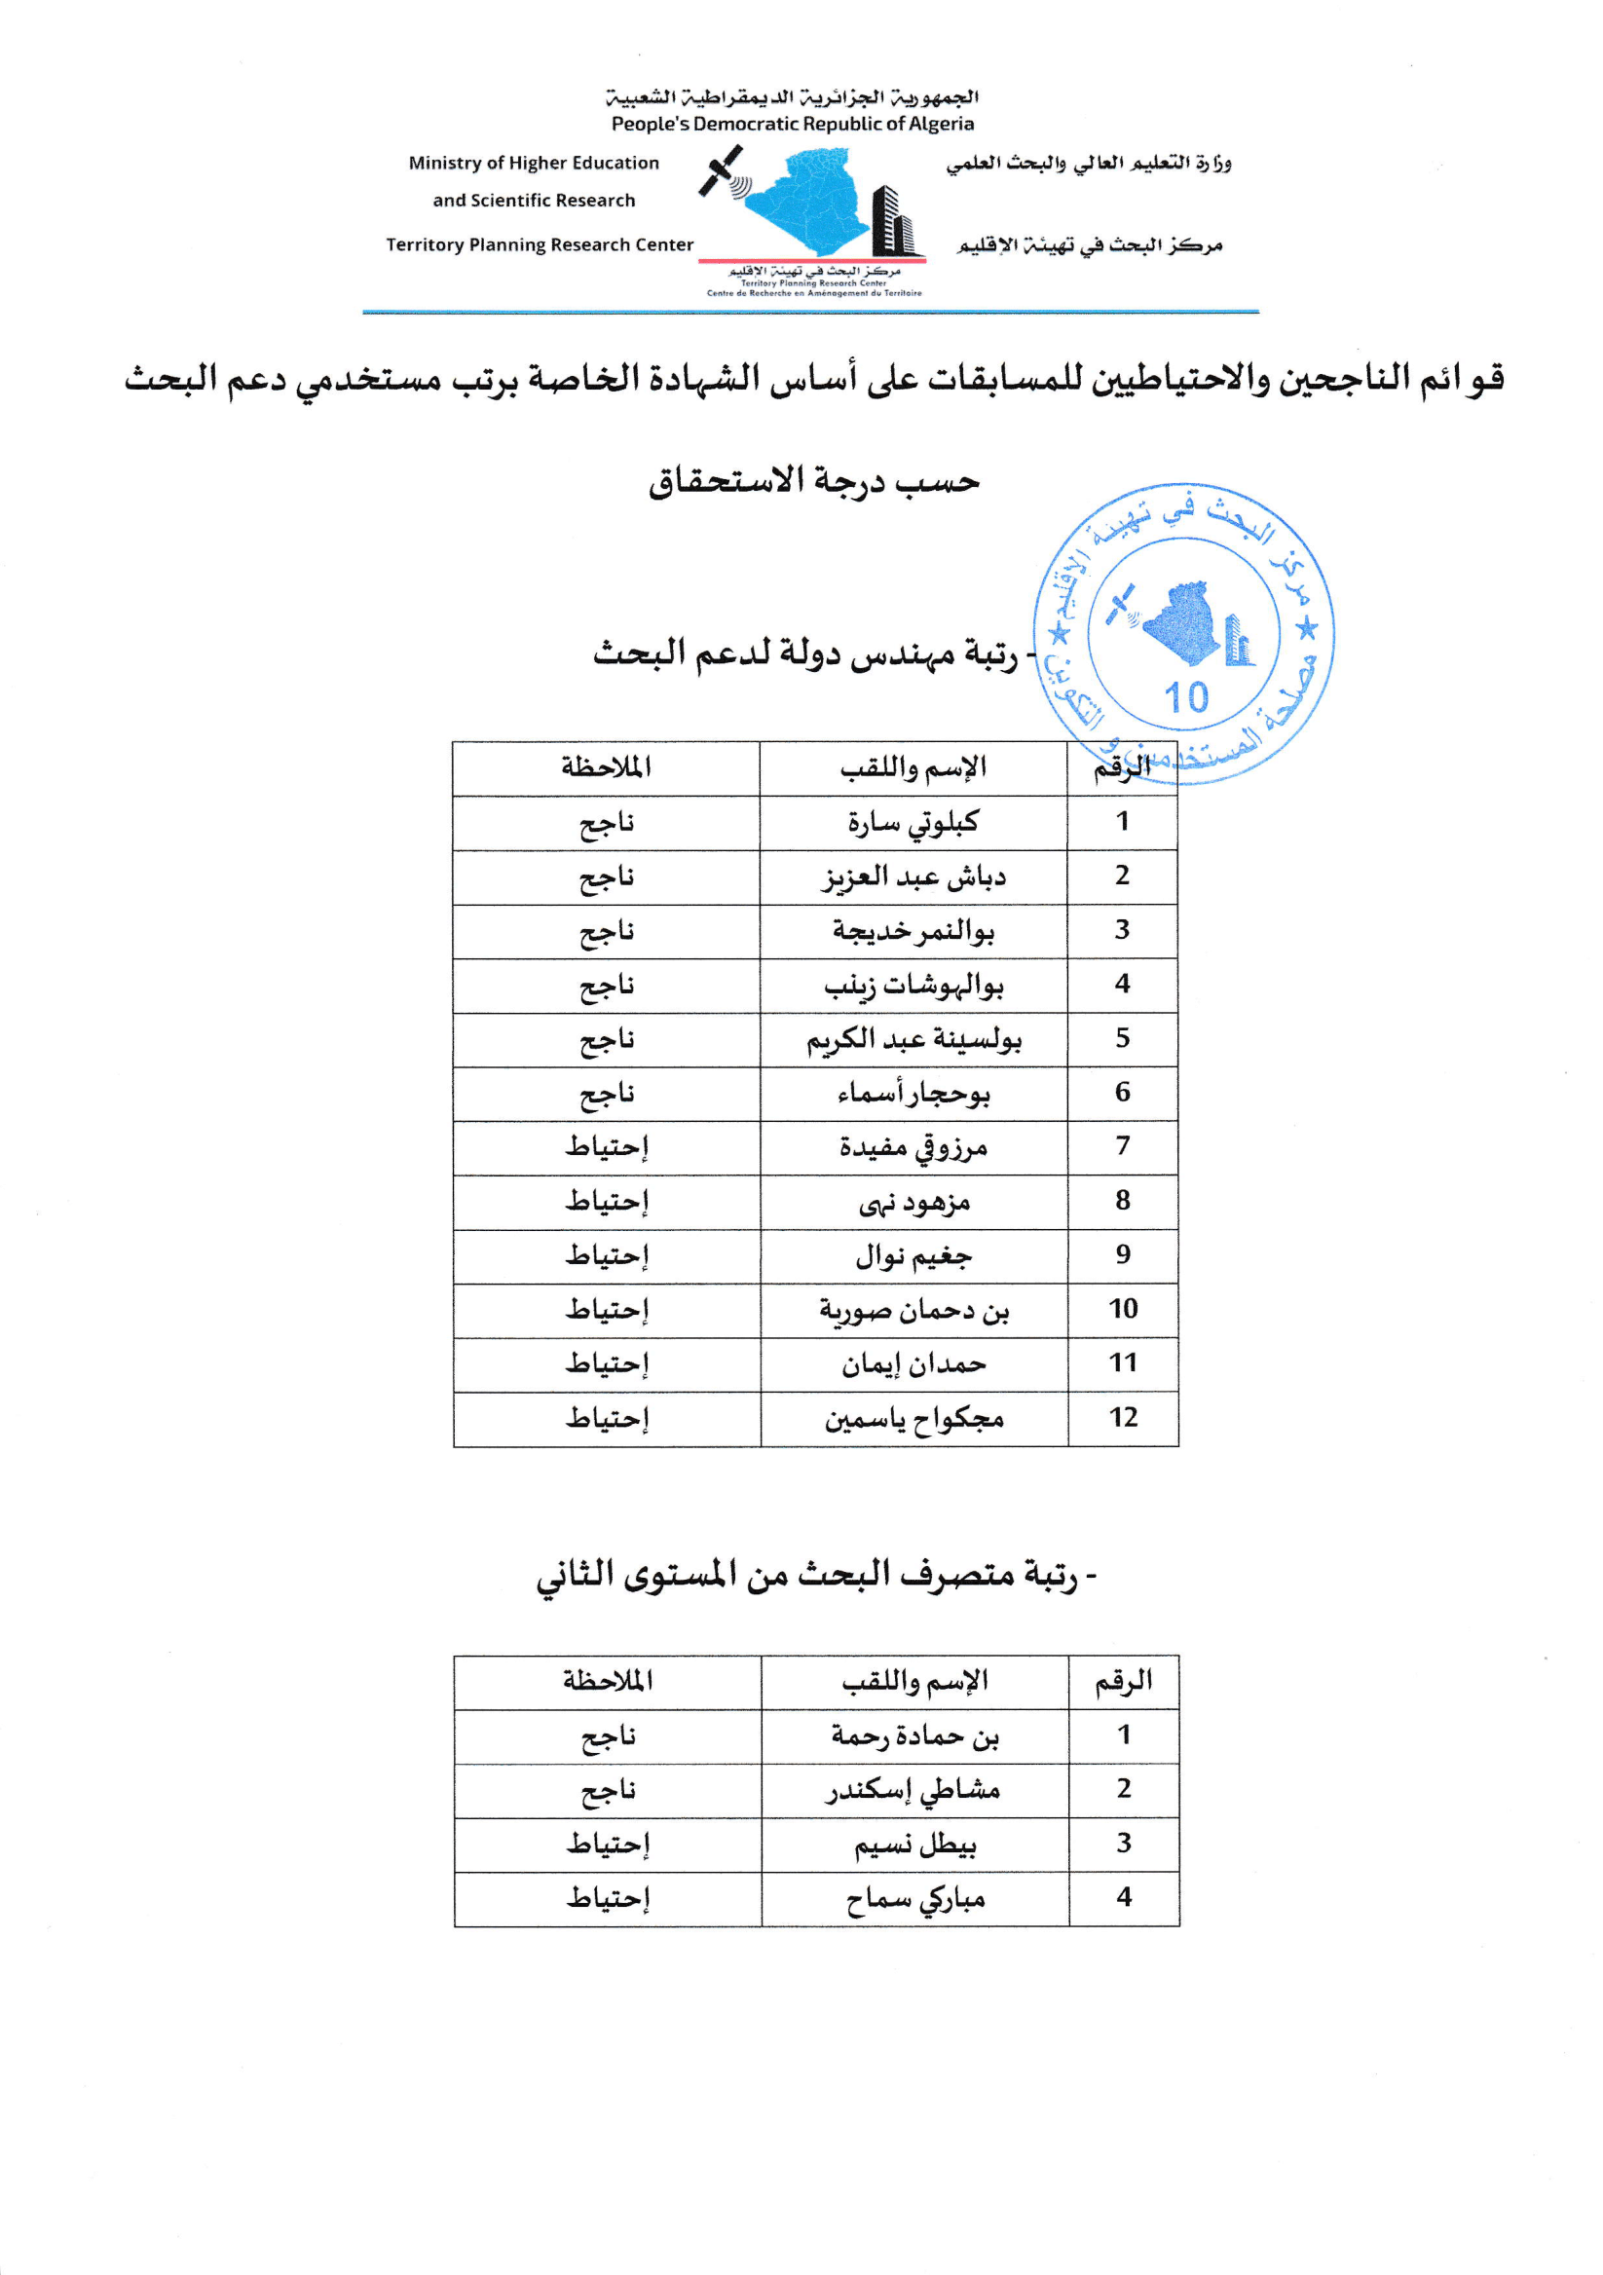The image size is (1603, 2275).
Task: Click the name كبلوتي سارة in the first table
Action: (913, 822)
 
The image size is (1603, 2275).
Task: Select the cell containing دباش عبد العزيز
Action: (913, 876)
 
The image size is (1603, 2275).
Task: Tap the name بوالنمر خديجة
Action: (913, 931)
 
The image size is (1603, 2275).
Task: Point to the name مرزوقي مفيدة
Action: (913, 1147)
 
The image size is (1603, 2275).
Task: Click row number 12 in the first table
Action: (1123, 1418)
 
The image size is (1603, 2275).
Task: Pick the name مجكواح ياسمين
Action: (913, 1419)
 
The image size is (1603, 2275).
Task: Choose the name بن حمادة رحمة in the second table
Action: (914, 1736)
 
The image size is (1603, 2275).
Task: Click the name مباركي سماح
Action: (914, 1898)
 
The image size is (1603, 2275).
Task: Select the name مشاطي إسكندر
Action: (914, 1789)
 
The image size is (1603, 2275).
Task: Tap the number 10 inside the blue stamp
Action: (1186, 697)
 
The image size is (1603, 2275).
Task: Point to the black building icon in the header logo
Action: (891, 222)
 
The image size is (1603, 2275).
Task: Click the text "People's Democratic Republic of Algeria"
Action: (793, 124)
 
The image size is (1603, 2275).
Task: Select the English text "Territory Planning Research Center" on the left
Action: (539, 244)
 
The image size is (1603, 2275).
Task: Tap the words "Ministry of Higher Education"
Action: (533, 163)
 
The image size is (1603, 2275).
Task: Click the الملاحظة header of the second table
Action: (608, 1682)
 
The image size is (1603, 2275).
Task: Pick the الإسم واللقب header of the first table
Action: (913, 768)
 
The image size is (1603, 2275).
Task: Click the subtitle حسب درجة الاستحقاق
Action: (813, 481)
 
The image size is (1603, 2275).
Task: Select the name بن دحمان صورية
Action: (913, 1310)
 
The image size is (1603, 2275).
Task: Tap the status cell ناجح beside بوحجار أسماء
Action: (607, 1094)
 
